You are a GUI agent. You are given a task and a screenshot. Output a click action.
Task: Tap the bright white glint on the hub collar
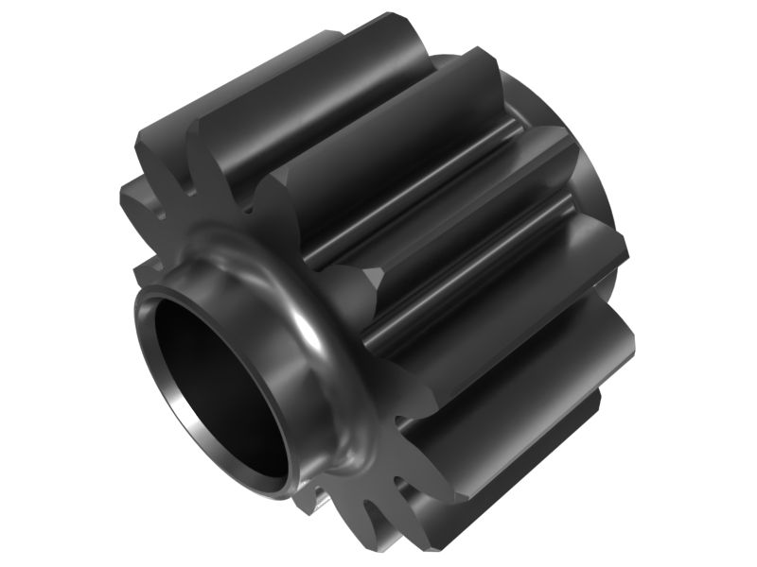(x=305, y=326)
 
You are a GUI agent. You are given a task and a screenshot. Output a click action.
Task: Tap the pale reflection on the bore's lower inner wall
(x=237, y=454)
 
